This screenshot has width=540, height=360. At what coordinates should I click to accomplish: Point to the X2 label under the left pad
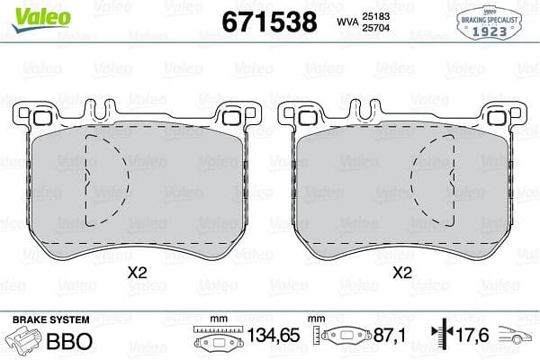coord(137,270)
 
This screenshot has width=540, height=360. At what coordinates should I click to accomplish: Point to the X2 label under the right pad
coord(402,270)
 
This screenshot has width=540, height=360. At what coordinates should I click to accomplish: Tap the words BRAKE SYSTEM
coord(49,319)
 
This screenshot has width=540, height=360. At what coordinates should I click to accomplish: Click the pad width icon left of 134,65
coord(215,340)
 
